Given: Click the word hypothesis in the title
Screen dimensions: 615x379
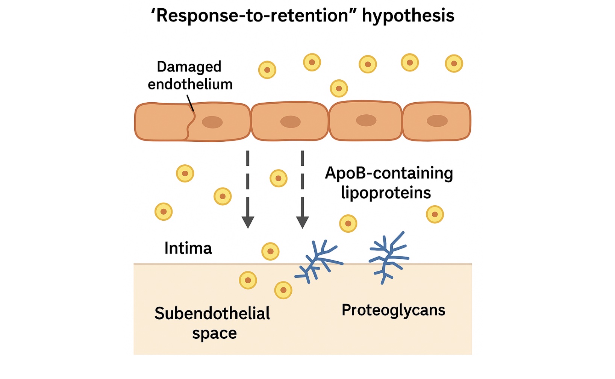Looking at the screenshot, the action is click(408, 16).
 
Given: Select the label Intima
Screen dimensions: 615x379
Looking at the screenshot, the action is click(188, 248).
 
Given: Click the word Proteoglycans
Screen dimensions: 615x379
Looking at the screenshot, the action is click(393, 311).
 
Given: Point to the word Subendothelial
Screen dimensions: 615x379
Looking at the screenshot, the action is click(212, 313).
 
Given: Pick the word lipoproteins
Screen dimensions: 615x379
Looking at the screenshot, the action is click(386, 192).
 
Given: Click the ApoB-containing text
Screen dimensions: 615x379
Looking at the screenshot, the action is click(389, 173).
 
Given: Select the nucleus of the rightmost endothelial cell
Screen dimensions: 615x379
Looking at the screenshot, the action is click(437, 121).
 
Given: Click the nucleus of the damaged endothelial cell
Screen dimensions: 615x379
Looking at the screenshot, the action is click(212, 122).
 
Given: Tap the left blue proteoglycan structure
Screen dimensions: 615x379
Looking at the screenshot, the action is click(318, 261).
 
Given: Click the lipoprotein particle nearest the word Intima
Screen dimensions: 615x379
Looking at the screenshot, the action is click(270, 251).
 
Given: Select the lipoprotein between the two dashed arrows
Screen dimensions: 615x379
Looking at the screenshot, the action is click(279, 179).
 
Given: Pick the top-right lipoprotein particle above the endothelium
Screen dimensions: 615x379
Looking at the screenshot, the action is click(454, 64).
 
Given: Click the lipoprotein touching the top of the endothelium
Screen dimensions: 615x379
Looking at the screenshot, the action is click(339, 88).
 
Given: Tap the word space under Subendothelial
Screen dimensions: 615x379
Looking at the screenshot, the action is click(214, 334).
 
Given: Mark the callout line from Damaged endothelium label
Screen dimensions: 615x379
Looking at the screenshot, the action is click(190, 103).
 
